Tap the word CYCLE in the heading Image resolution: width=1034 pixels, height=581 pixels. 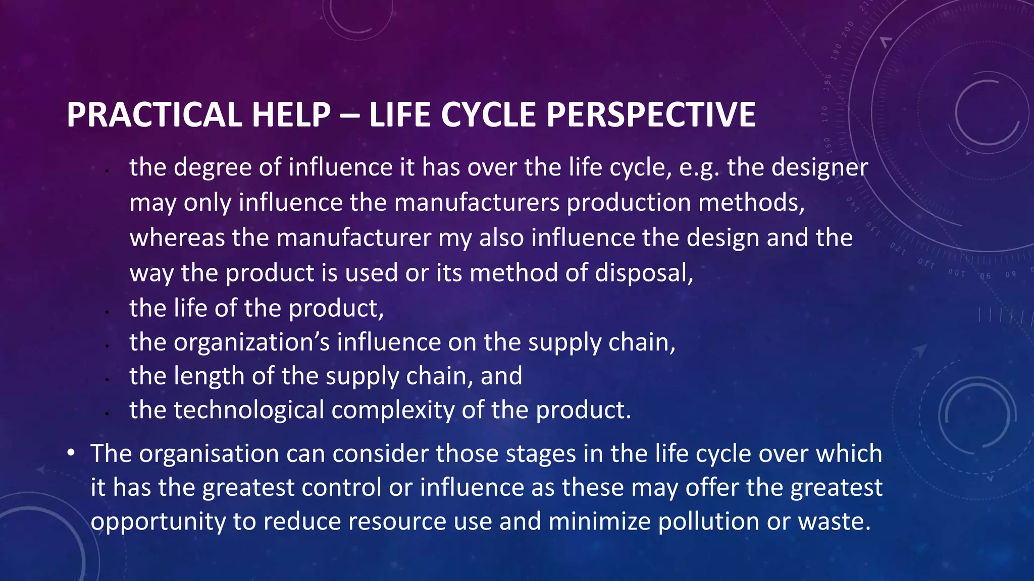tap(488, 115)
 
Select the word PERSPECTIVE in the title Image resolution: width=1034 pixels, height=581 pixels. tap(651, 115)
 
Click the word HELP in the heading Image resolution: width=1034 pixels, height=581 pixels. tap(291, 115)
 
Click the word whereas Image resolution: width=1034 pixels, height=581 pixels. tap(177, 238)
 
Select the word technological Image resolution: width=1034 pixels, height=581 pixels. tap(248, 411)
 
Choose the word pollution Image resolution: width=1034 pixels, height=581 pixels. tap(708, 521)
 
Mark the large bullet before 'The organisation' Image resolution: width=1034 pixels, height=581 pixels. tap(71, 453)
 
